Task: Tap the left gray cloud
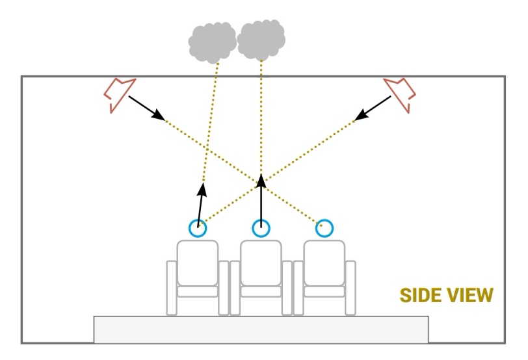[212, 42]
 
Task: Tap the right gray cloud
[261, 39]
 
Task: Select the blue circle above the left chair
[198, 228]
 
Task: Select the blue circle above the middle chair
[261, 228]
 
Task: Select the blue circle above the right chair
[324, 228]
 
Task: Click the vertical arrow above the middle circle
[261, 198]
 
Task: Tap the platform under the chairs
[261, 329]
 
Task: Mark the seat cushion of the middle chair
[261, 292]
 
